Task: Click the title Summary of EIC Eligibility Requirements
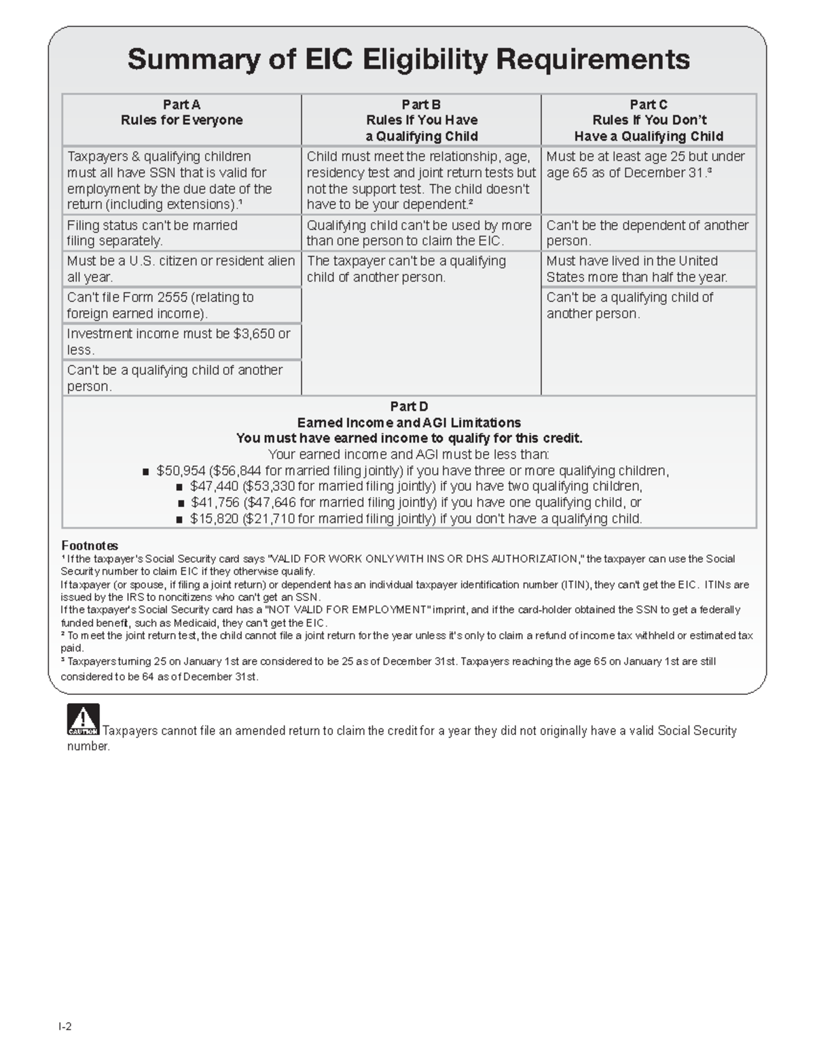408,60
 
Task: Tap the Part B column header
421,120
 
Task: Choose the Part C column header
649,120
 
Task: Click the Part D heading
409,407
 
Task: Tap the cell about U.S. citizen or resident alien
181,269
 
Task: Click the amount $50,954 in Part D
181,471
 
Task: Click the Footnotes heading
90,546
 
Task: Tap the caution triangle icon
83,719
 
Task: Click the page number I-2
65,1026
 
